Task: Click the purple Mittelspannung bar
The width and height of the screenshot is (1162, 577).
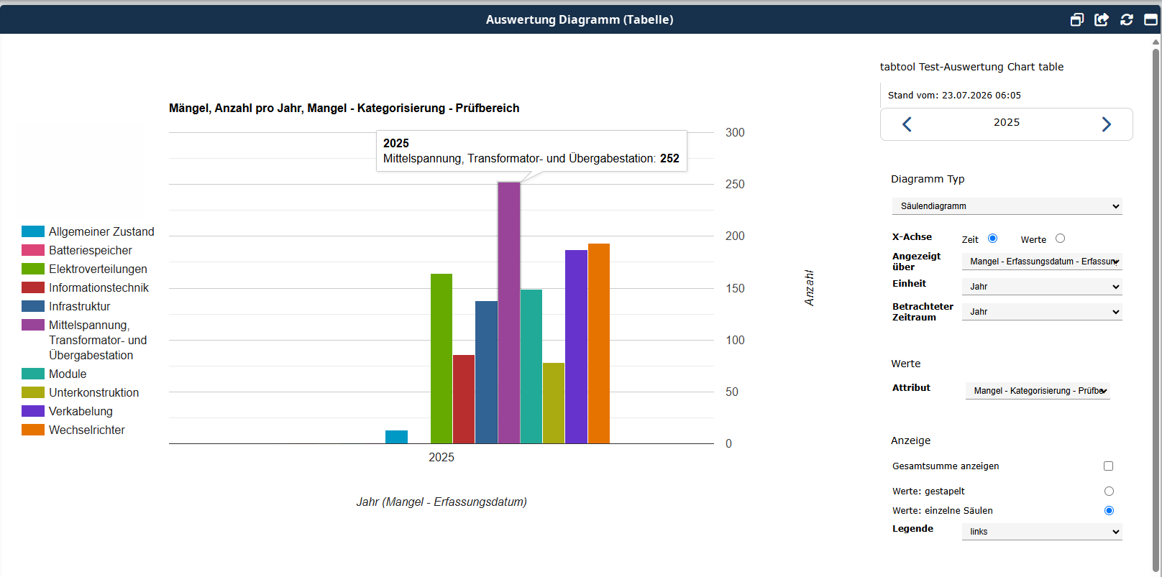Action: point(509,313)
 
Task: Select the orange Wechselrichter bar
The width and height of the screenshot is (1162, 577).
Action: point(599,343)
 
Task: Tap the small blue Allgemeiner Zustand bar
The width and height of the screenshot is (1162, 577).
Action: point(396,437)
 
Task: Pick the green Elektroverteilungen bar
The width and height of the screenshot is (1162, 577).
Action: point(442,359)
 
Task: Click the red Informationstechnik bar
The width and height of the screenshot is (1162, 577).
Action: point(464,400)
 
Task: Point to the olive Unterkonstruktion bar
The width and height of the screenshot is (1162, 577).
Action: point(554,403)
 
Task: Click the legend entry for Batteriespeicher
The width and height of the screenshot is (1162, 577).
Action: point(77,250)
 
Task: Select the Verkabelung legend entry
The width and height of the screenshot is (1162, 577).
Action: point(67,411)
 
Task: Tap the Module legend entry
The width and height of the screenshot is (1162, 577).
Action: point(54,374)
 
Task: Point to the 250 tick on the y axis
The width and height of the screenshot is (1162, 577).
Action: point(735,184)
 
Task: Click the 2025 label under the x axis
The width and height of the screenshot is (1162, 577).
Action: point(442,457)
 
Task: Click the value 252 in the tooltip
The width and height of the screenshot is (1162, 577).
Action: point(669,159)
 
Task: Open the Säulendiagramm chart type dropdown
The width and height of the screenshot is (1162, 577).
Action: point(1007,206)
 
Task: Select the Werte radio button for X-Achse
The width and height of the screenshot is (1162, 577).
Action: point(1061,239)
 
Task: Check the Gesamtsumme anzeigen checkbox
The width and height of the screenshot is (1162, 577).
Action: point(1109,466)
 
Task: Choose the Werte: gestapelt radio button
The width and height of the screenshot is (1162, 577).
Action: point(1109,491)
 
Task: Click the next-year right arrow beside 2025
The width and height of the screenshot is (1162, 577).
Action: point(1107,124)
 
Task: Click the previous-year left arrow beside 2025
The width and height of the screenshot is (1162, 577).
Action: point(907,124)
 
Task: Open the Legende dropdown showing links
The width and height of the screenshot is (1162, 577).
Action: point(1042,532)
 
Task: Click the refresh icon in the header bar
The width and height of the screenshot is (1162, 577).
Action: point(1126,19)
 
